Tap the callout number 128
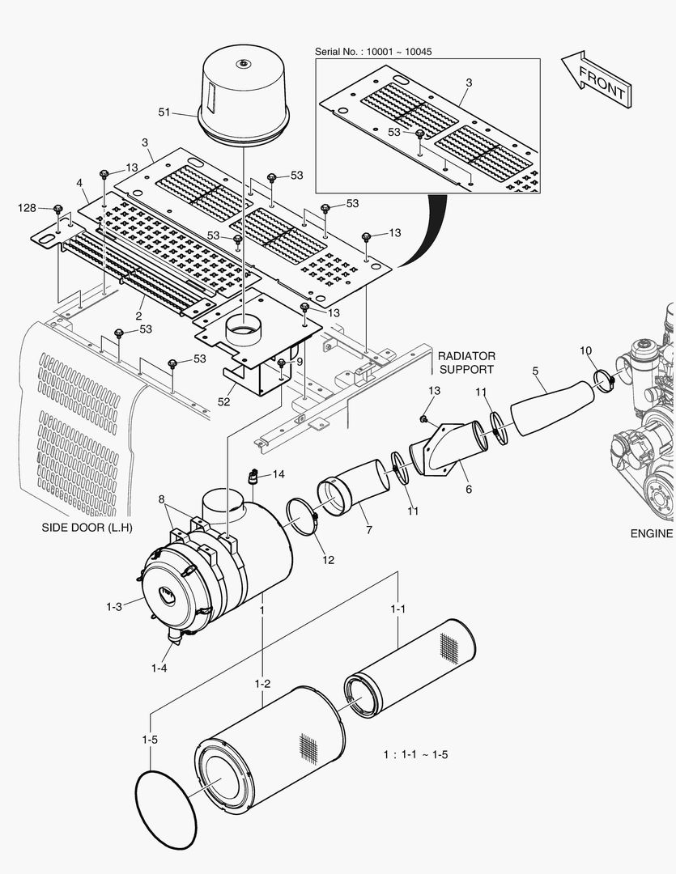click(x=27, y=208)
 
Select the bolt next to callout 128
click(x=58, y=210)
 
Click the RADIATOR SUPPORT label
click(x=466, y=363)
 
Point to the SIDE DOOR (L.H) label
click(x=87, y=528)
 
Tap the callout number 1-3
click(x=113, y=606)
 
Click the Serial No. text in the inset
click(x=372, y=51)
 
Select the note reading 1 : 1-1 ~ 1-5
click(x=415, y=754)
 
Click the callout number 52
click(x=224, y=400)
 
